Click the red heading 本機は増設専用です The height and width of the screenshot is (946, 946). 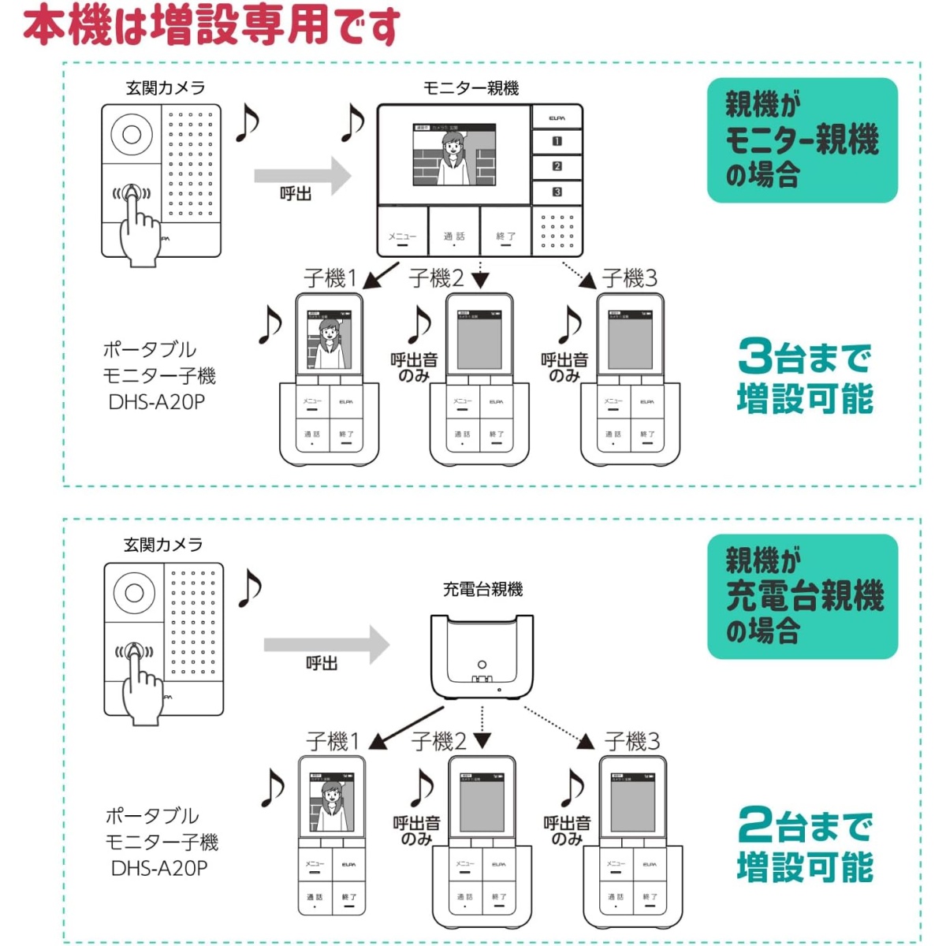coord(211,25)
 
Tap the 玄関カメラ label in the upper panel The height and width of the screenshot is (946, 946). coord(165,88)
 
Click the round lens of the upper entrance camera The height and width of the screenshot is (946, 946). coord(132,134)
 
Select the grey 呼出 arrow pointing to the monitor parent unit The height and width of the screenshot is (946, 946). coord(302,176)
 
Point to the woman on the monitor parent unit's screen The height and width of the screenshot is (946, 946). coord(453,158)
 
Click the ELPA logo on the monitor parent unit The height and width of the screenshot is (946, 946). coord(557,118)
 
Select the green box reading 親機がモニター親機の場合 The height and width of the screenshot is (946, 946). coord(802,140)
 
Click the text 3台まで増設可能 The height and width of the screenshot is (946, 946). coord(804,377)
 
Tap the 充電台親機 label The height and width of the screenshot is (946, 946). coord(482,589)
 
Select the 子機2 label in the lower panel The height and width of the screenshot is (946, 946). coord(438,741)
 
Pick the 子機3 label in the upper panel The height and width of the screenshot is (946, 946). coord(629,277)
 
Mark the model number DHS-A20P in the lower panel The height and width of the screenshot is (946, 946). coord(159,868)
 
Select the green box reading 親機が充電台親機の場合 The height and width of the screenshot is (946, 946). coord(802,597)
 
